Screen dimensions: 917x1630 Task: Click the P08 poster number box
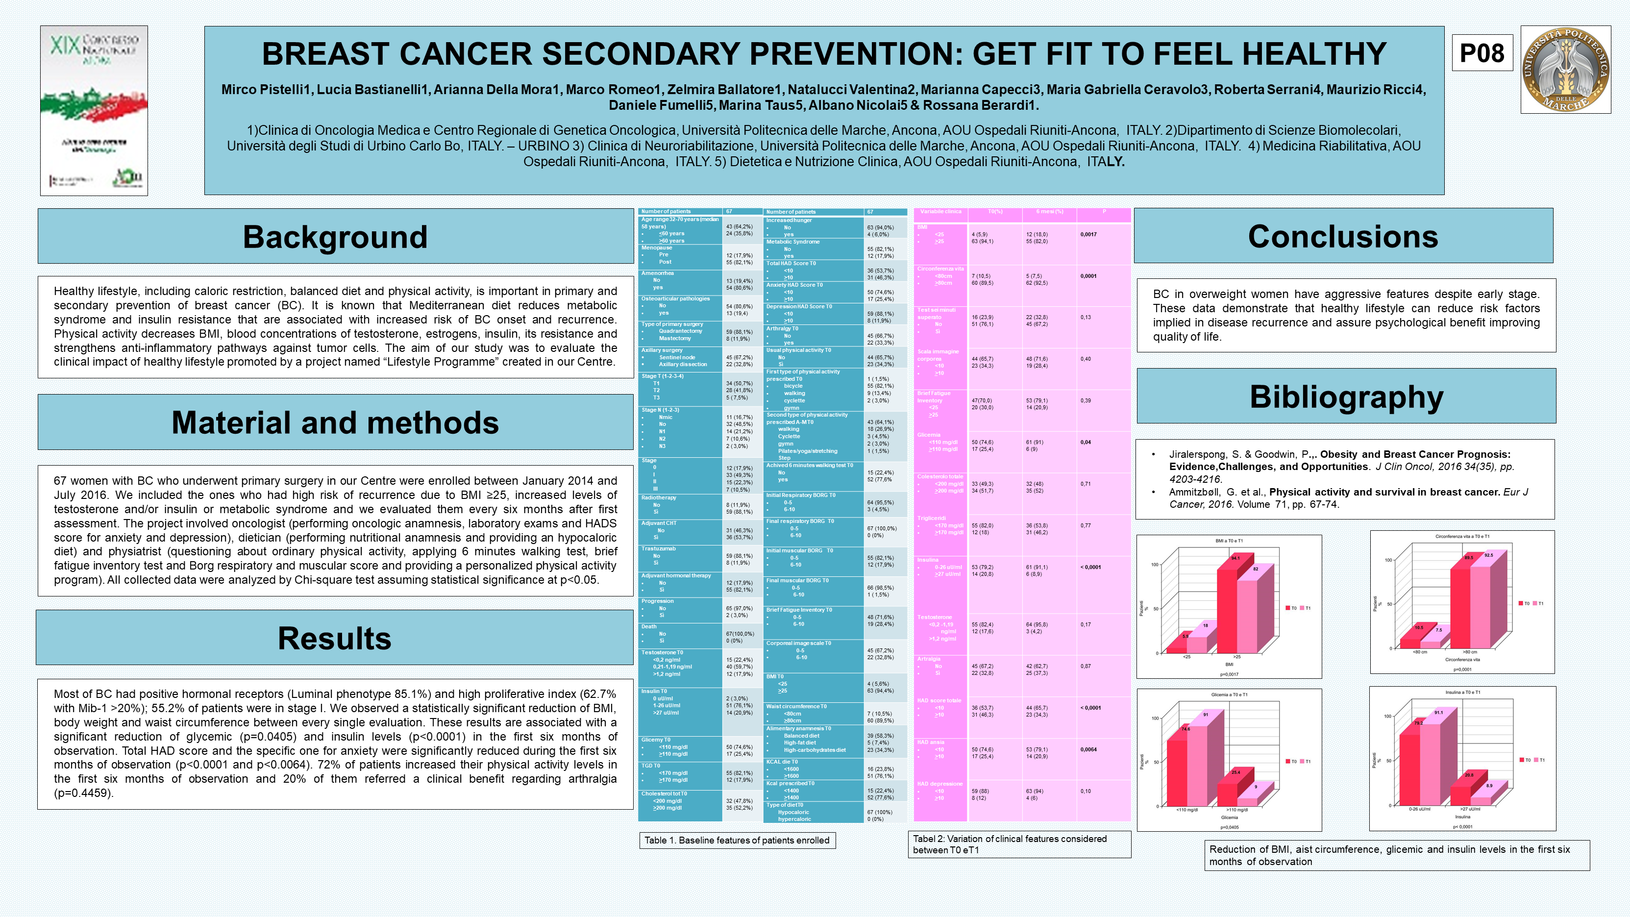click(x=1482, y=53)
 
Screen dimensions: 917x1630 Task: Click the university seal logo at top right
click(x=1565, y=70)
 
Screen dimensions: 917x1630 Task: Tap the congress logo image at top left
click(x=94, y=111)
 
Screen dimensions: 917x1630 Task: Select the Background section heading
click(x=335, y=237)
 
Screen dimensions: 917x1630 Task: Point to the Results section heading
click(x=334, y=638)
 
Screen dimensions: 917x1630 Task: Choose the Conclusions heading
click(x=1343, y=236)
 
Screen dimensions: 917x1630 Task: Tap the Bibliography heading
click(x=1346, y=397)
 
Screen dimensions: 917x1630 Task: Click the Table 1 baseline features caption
click(x=737, y=841)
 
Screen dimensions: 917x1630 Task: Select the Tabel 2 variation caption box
click(x=1019, y=844)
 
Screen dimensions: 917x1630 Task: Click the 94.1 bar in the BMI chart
click(x=1228, y=608)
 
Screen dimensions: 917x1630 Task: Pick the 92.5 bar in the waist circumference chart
click(x=1481, y=604)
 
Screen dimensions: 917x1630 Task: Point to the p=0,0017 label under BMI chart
click(x=1229, y=674)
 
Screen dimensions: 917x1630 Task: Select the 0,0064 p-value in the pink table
click(x=1088, y=749)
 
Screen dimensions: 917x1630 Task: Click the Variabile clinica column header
click(x=940, y=211)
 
